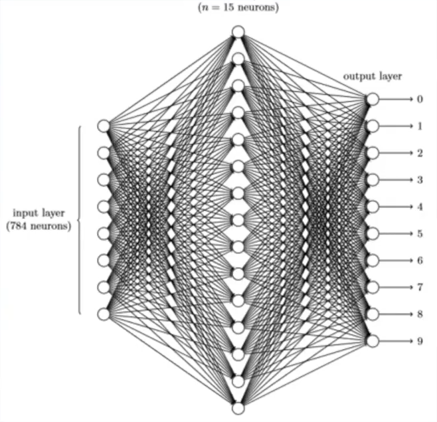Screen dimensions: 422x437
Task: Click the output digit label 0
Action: click(420, 99)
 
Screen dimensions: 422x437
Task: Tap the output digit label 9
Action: click(420, 341)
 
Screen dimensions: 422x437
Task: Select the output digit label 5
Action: click(420, 233)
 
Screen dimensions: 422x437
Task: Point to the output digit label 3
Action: click(420, 179)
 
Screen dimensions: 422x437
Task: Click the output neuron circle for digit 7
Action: click(373, 287)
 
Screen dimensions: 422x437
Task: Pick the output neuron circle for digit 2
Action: click(373, 153)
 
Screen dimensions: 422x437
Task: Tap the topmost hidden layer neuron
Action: click(238, 32)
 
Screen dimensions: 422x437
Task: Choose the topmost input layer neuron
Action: click(103, 126)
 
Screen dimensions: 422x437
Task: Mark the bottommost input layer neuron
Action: click(103, 314)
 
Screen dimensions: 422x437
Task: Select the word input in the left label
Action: click(26, 213)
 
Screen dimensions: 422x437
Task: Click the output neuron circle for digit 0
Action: click(373, 99)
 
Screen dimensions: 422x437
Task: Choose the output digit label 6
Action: click(420, 261)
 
